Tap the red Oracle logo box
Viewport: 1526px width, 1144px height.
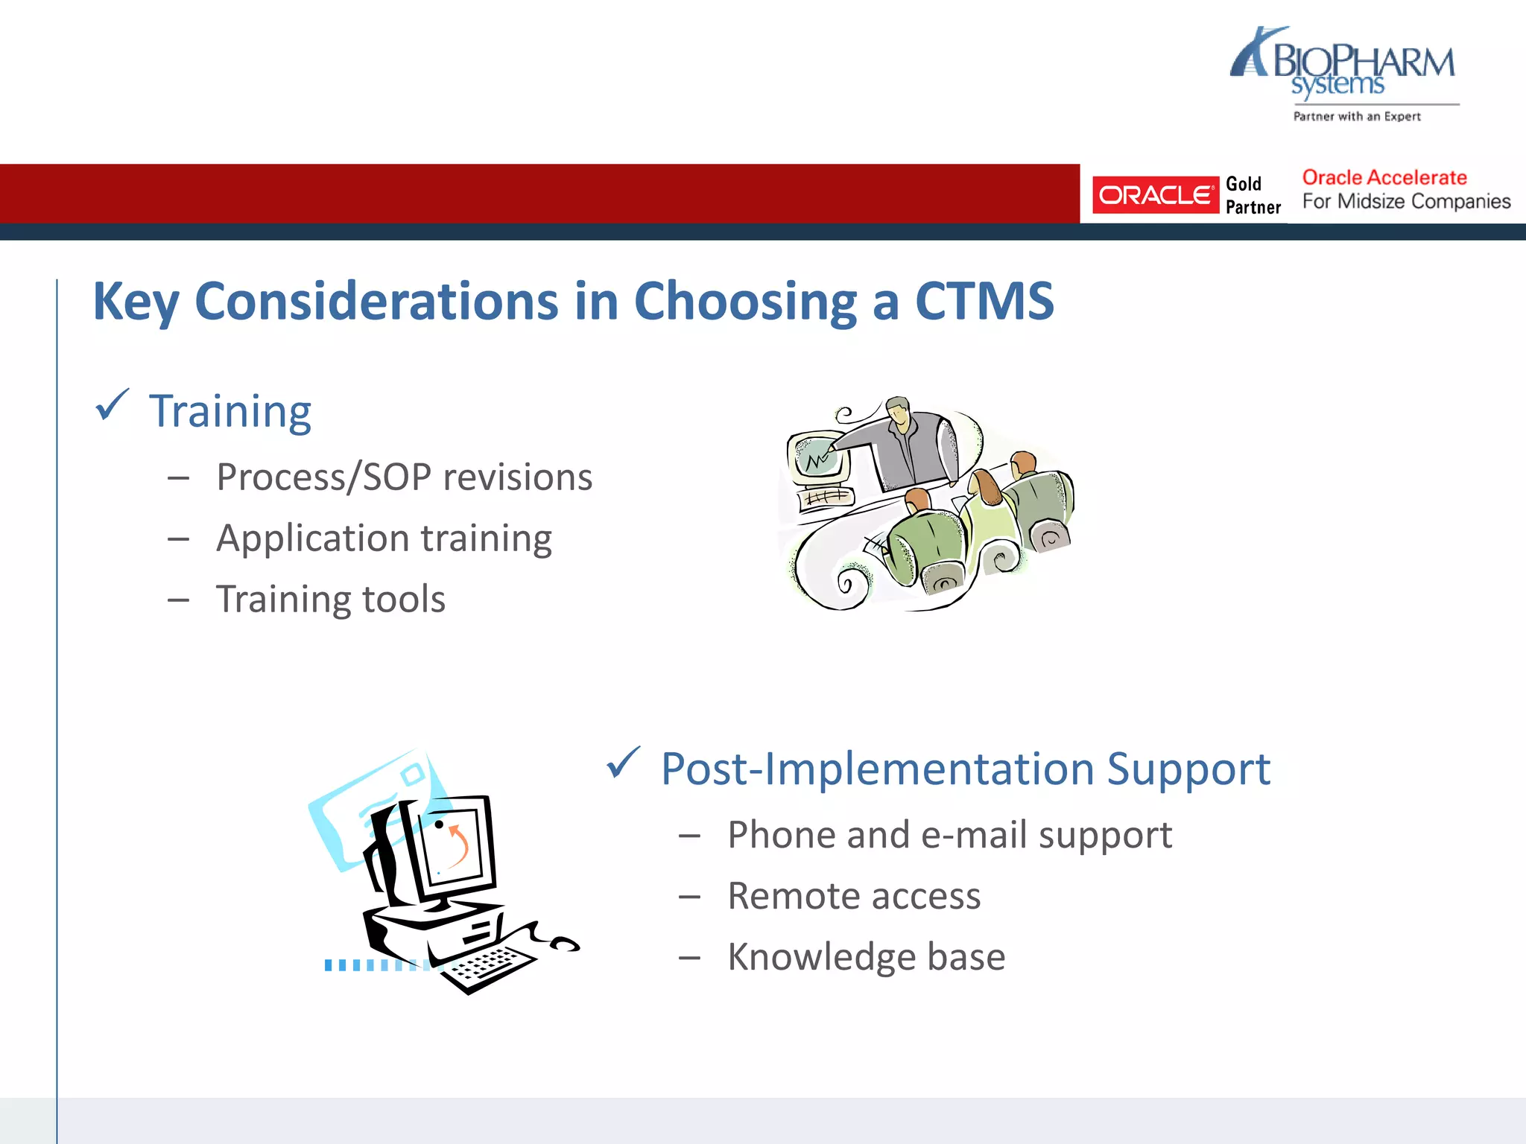1155,195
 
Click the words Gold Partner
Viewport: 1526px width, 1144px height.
1253,195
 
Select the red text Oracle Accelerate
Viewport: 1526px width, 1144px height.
1384,178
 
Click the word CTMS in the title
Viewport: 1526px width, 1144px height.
984,302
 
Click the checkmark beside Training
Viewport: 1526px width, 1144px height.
112,406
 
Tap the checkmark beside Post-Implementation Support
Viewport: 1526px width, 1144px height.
623,763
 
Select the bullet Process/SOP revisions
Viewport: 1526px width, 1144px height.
404,477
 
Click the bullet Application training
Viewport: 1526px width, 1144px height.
384,538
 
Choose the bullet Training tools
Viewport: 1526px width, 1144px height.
330,600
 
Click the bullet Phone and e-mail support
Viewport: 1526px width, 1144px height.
949,835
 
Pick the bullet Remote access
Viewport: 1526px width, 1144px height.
854,896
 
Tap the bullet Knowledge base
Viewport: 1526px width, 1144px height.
866,957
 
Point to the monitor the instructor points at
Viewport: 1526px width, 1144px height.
818,456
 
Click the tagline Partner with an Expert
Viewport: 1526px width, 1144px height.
1357,117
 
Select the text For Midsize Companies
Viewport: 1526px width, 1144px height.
1406,202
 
